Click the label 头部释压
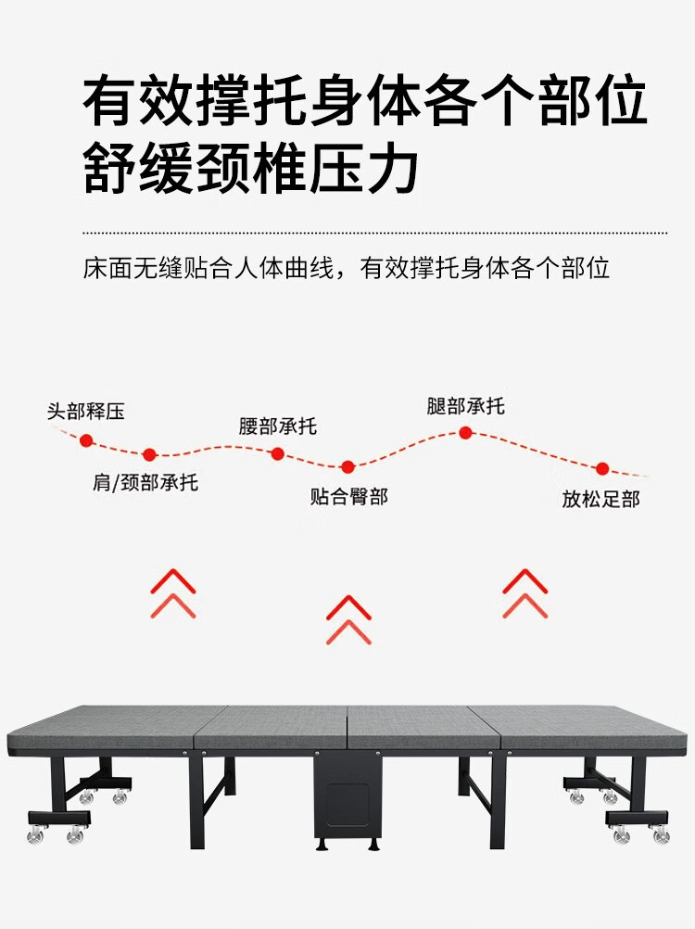click(86, 411)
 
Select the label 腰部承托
click(278, 426)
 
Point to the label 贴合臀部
click(348, 497)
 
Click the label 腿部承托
click(466, 406)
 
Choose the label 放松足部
click(600, 499)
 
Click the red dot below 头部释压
click(86, 440)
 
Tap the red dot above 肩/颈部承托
click(149, 454)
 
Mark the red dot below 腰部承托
click(277, 453)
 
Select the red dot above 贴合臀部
click(347, 467)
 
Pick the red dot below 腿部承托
click(466, 432)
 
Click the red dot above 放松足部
click(601, 469)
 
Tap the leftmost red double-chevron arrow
click(173, 593)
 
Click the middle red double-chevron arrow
click(348, 619)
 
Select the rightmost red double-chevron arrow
click(525, 593)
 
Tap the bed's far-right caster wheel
click(661, 835)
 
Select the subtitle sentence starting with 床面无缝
click(347, 269)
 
